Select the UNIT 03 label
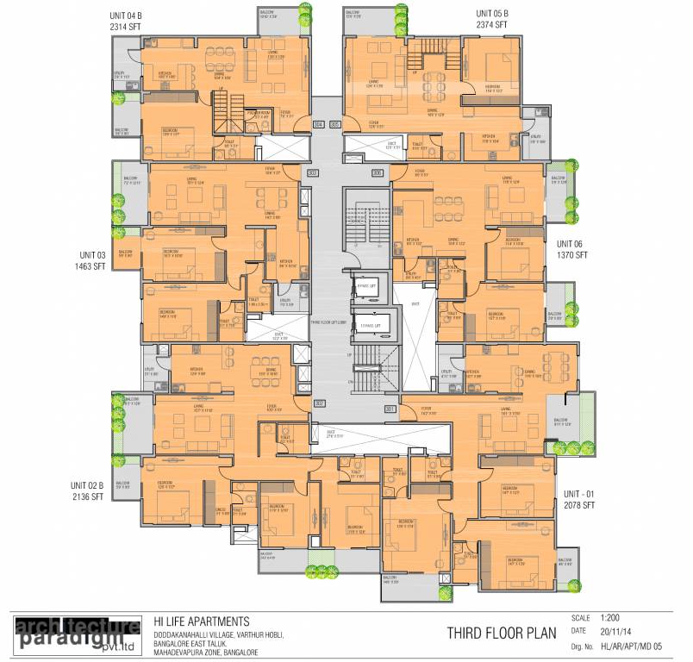point(93,255)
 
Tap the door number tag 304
point(319,125)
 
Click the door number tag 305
point(334,125)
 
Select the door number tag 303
point(313,173)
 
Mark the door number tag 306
point(377,173)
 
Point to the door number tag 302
point(319,403)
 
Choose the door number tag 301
point(390,409)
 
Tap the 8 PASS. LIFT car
point(368,284)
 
